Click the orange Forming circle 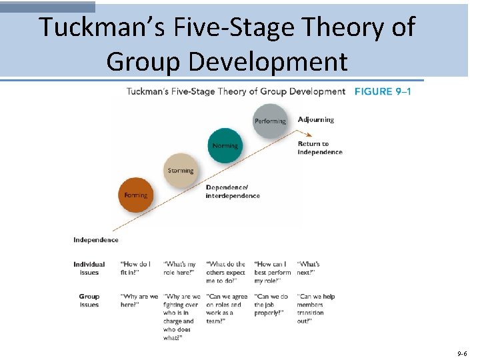click(x=136, y=195)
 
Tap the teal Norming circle click(x=225, y=145)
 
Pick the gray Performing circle click(x=270, y=121)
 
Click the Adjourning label click(x=316, y=120)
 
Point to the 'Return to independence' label click(x=320, y=148)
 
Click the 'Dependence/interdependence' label click(x=233, y=191)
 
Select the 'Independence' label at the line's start click(x=96, y=240)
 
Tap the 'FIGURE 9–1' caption click(x=383, y=91)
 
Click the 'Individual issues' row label click(x=89, y=268)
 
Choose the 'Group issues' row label click(x=89, y=301)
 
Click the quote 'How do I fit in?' click(x=135, y=268)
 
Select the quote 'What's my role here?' click(x=180, y=268)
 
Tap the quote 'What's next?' click(x=309, y=268)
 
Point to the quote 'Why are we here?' click(x=139, y=301)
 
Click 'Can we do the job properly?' click(x=271, y=305)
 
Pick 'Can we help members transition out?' click(x=316, y=309)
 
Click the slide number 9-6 click(x=462, y=351)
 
